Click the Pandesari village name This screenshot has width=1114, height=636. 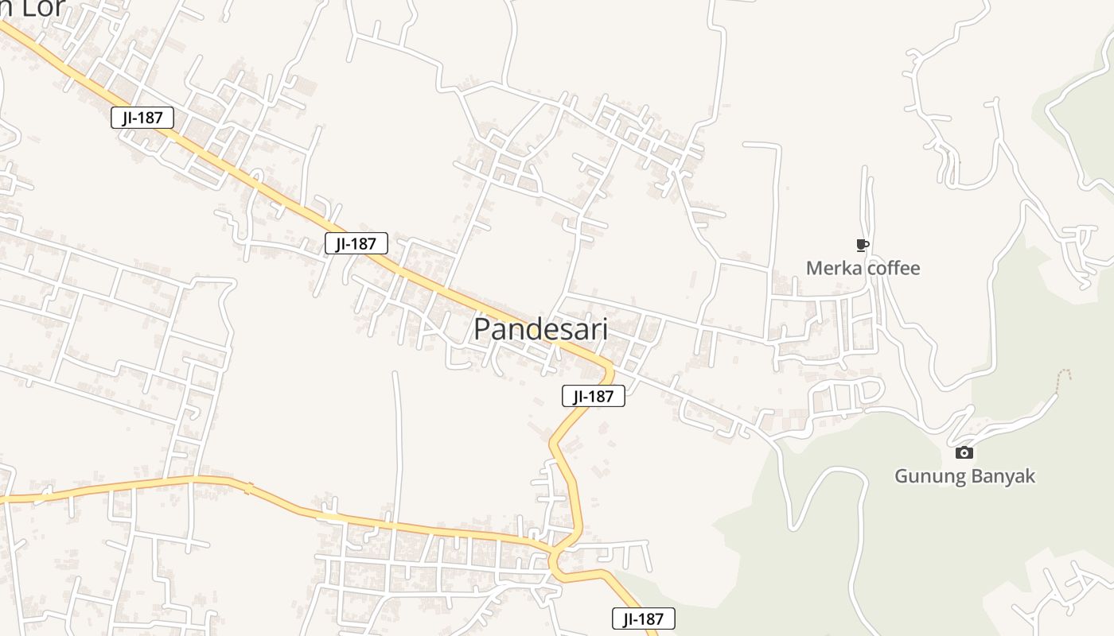(540, 329)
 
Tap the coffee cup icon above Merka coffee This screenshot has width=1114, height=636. (862, 245)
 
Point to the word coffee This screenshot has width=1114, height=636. (893, 269)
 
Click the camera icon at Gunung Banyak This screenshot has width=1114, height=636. (964, 453)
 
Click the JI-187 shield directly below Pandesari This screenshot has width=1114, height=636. (593, 396)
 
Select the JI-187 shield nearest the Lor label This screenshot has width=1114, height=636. (142, 118)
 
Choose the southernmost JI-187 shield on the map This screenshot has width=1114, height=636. (643, 619)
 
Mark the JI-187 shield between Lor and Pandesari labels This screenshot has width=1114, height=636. (356, 243)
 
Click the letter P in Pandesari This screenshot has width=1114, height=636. (482, 330)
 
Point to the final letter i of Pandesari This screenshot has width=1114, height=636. (604, 329)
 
